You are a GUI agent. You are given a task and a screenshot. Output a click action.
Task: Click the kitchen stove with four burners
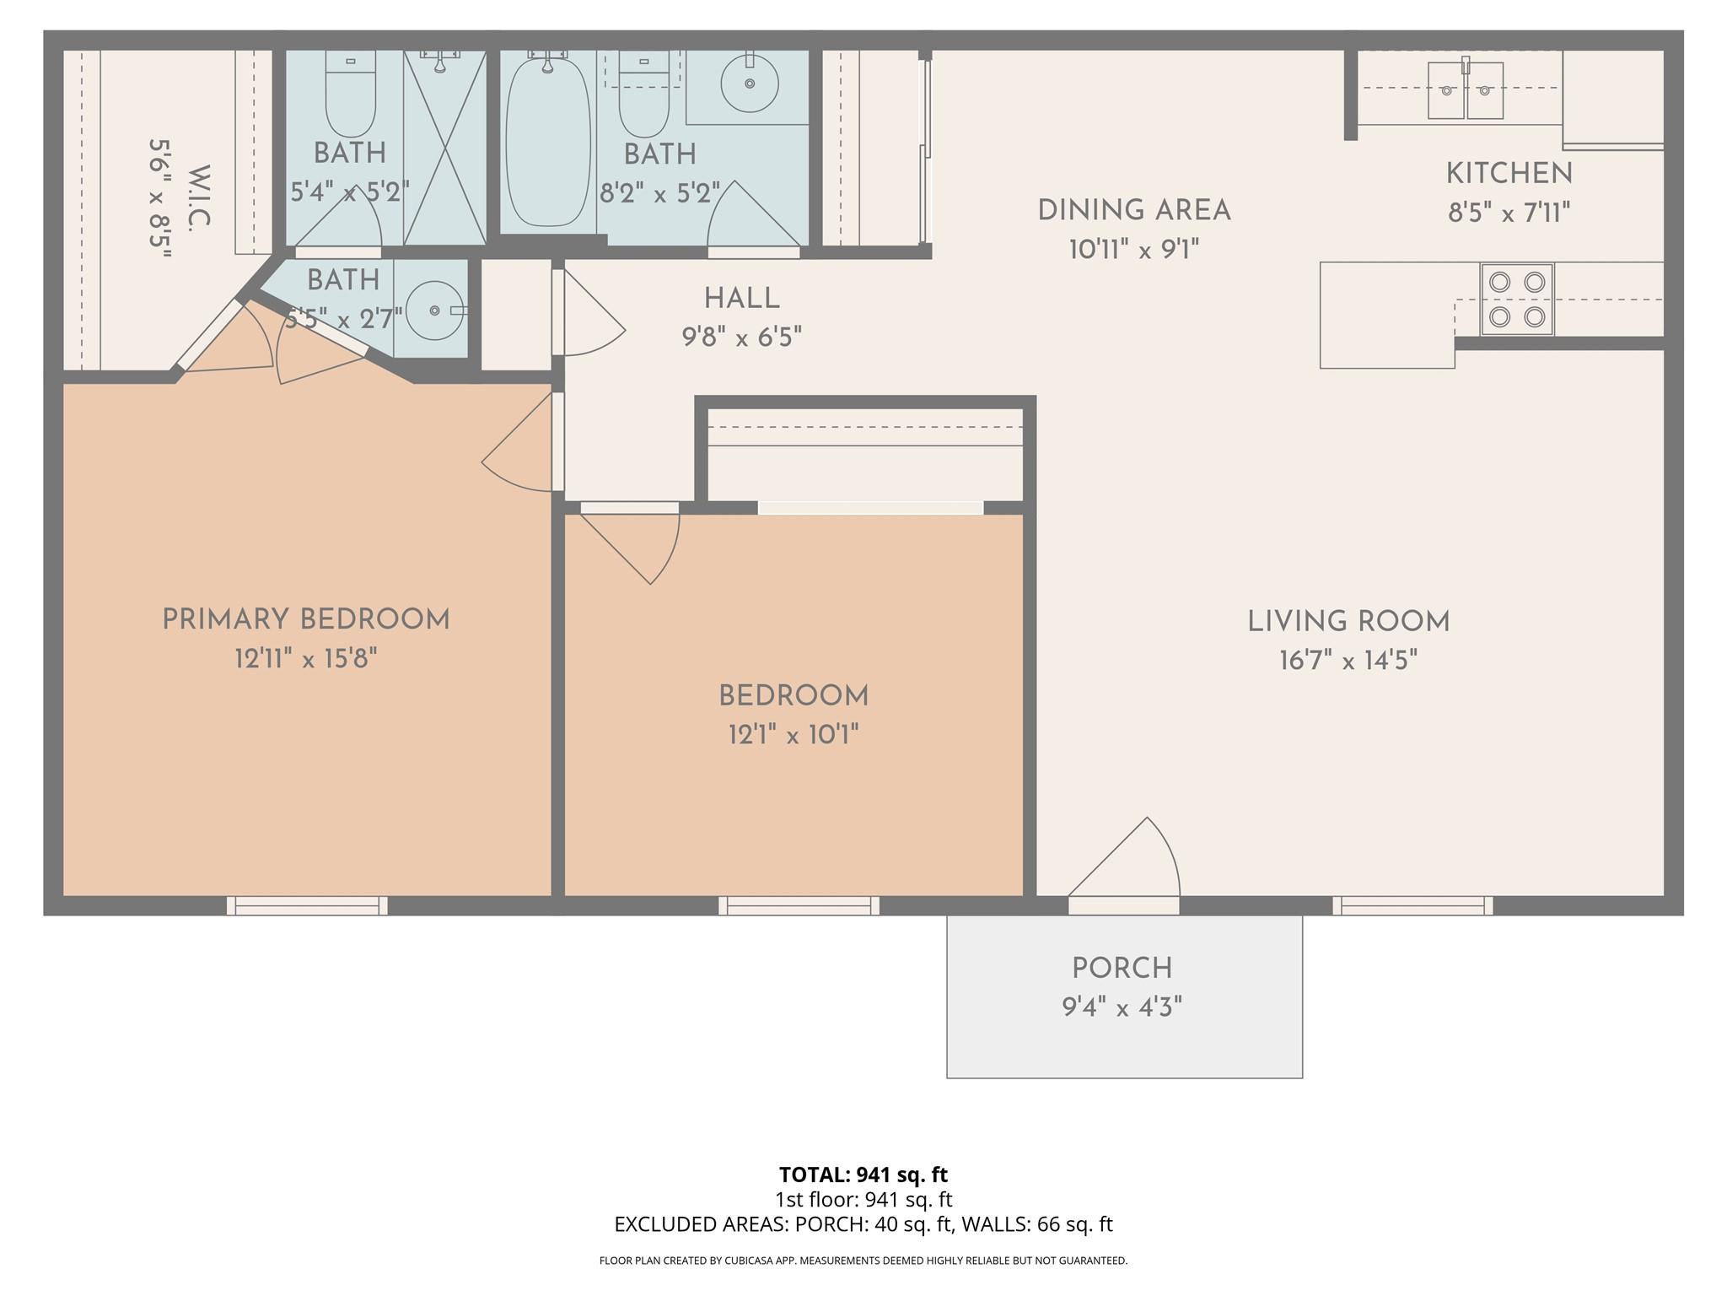(x=1516, y=300)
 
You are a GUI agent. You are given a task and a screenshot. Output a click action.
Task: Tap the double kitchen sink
(x=1465, y=90)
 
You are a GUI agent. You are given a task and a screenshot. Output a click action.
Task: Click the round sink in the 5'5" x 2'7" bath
(x=434, y=310)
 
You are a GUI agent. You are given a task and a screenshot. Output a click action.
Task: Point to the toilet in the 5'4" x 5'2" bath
(x=350, y=97)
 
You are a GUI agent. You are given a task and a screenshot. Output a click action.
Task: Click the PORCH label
(x=1122, y=968)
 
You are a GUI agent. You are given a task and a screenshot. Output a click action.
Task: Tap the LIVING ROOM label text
(x=1348, y=622)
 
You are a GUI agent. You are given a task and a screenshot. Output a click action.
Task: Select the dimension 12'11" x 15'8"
(x=305, y=658)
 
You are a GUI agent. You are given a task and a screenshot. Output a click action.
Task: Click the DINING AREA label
(x=1133, y=210)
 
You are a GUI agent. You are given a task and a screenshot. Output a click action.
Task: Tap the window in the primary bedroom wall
(x=307, y=905)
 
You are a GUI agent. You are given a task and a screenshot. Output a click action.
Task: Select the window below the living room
(x=1412, y=905)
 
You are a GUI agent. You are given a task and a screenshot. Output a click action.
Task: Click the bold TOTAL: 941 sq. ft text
(x=863, y=1174)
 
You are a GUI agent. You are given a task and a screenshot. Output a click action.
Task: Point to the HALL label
(x=741, y=298)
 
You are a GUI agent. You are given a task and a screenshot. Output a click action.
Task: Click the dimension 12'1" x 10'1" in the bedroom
(x=793, y=735)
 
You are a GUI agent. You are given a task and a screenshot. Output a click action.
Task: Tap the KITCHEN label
(x=1509, y=174)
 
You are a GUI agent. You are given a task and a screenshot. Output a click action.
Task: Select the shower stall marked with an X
(x=444, y=148)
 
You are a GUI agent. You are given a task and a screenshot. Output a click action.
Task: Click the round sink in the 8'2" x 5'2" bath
(x=749, y=84)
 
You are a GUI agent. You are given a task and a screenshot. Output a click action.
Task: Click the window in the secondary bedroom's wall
(x=799, y=905)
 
